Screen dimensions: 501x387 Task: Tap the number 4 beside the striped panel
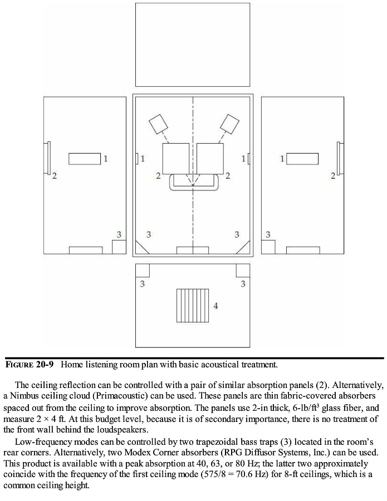coord(215,306)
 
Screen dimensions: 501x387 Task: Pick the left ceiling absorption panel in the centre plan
coord(176,159)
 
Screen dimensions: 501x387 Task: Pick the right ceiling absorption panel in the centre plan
coord(210,159)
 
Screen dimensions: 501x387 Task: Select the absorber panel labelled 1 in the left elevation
coord(84,159)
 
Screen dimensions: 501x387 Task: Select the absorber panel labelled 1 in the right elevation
coord(302,159)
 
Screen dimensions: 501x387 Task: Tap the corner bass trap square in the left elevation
coord(119,247)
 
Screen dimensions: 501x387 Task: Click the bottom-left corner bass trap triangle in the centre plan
coord(141,248)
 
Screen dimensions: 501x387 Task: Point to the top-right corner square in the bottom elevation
coord(243,269)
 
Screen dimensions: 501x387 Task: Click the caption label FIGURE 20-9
coord(31,365)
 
